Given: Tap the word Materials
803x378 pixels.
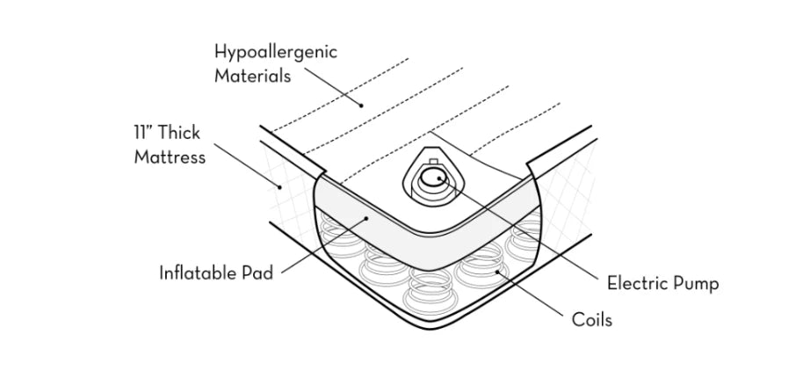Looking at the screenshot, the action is (252, 76).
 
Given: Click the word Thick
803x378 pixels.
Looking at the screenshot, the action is (178, 133).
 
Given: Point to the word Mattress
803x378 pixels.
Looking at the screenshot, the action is (170, 156).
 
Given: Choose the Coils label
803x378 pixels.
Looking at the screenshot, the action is (592, 320).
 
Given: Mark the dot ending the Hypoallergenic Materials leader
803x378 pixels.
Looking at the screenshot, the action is (361, 105).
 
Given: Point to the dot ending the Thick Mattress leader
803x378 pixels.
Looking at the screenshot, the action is (280, 187).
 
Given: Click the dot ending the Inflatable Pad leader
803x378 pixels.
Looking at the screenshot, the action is (366, 219).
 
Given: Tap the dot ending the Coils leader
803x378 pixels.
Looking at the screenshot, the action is (496, 273).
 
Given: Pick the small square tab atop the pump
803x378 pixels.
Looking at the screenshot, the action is (433, 163).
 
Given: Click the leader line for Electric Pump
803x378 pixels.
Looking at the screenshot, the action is (518, 229).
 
